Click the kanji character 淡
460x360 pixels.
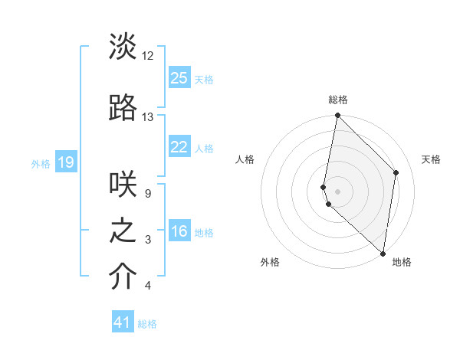pos(123,47)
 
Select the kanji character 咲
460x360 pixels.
pos(123,184)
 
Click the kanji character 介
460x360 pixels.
pos(123,277)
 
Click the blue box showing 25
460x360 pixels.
pos(179,77)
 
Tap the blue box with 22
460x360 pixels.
pos(179,147)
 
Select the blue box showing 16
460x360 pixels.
pos(179,231)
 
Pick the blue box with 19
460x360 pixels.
pos(66,162)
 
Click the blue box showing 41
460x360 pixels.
pos(123,322)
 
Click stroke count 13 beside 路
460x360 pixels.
pos(147,117)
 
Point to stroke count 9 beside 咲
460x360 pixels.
pos(147,193)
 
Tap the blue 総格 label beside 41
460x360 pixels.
pos(147,324)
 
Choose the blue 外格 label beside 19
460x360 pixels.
pos(41,163)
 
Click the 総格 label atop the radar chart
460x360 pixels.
pos(338,100)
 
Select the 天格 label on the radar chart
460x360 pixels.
pos(431,159)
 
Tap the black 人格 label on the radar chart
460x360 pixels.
pos(245,159)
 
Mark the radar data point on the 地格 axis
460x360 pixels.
pos(383,253)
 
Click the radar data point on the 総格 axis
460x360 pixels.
pos(337,116)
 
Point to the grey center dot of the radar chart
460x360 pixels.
pos(337,191)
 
